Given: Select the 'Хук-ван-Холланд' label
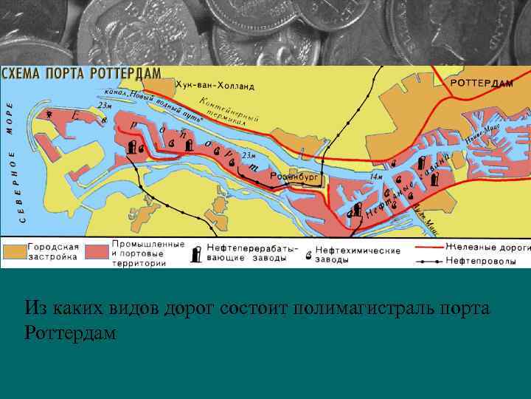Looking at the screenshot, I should coord(215,86).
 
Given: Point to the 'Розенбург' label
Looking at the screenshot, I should coord(294,176).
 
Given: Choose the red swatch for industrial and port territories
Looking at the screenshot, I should coord(97,251).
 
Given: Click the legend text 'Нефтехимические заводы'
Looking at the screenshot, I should coord(358,255).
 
